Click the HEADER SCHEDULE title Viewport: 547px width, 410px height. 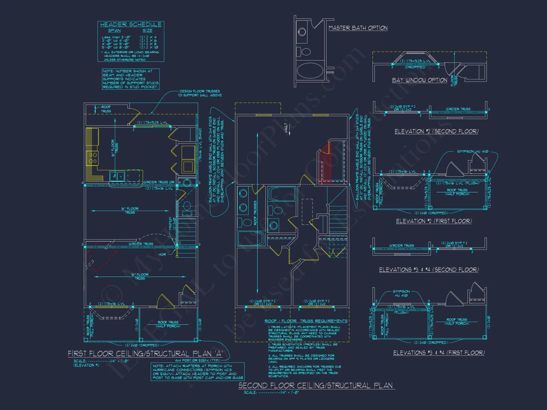(131, 25)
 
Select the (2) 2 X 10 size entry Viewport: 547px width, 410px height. (149, 47)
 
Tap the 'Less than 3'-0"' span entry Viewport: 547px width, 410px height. (116, 37)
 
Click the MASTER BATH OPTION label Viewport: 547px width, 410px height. (358, 28)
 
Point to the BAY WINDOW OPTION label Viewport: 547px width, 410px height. (420, 80)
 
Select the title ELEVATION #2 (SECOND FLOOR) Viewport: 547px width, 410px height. (437, 131)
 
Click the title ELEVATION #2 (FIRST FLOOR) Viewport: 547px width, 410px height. (434, 221)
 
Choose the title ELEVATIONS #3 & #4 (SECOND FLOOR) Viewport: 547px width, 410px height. (429, 270)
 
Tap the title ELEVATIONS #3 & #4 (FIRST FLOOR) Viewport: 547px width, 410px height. (439, 353)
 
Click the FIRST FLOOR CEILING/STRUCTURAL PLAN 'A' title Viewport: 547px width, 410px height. (145, 354)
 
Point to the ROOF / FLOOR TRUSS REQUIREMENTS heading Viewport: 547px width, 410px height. (306, 321)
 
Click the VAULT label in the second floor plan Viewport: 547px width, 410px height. (286, 128)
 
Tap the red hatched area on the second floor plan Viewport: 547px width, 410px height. (326, 164)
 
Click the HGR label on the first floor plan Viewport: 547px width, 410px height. (162, 254)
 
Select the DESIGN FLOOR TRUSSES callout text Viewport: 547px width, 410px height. (200, 93)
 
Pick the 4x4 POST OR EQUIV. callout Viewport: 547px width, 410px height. (197, 360)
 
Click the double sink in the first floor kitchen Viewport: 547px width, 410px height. (117, 176)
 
